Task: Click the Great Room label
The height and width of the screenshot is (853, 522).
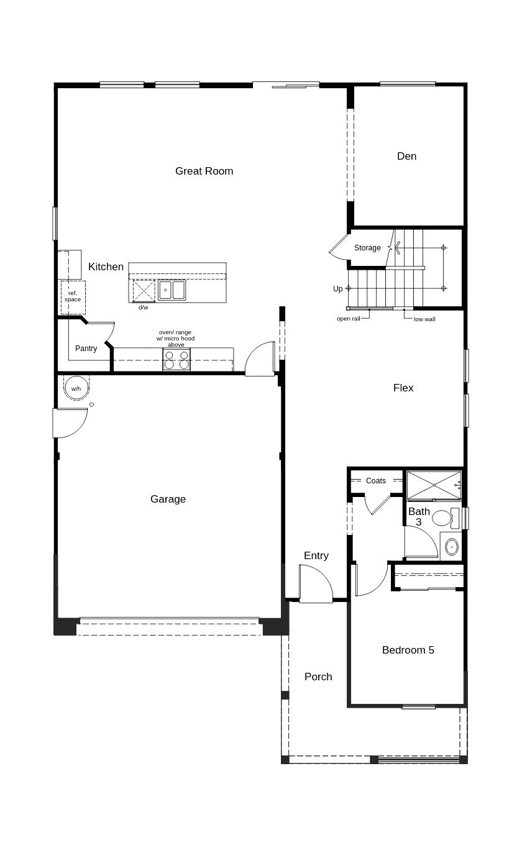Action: (x=204, y=171)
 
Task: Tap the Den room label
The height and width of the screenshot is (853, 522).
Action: (x=406, y=156)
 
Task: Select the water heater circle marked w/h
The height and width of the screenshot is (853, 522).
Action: (x=76, y=388)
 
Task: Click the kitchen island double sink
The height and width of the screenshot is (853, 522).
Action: (x=172, y=290)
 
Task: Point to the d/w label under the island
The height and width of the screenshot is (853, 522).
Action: (x=144, y=308)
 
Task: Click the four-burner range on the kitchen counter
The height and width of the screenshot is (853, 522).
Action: (x=176, y=360)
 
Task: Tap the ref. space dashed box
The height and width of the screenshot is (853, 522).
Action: (x=73, y=296)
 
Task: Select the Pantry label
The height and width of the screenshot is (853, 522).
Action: (x=86, y=349)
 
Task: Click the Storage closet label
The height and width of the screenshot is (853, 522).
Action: (x=367, y=248)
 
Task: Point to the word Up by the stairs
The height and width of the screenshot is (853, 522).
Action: (x=337, y=289)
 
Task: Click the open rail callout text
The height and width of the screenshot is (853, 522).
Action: (x=348, y=319)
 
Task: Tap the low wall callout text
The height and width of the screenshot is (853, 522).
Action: (x=424, y=319)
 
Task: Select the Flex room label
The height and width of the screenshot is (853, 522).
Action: (x=403, y=388)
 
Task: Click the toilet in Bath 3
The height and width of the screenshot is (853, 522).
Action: (x=442, y=518)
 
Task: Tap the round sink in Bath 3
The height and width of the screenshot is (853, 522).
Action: (x=452, y=547)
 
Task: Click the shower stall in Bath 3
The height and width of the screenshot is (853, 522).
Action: (x=433, y=485)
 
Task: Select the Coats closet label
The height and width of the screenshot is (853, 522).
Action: (x=375, y=481)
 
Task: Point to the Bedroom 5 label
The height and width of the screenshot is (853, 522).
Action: (x=408, y=650)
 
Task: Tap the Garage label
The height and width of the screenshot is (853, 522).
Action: (x=168, y=499)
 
